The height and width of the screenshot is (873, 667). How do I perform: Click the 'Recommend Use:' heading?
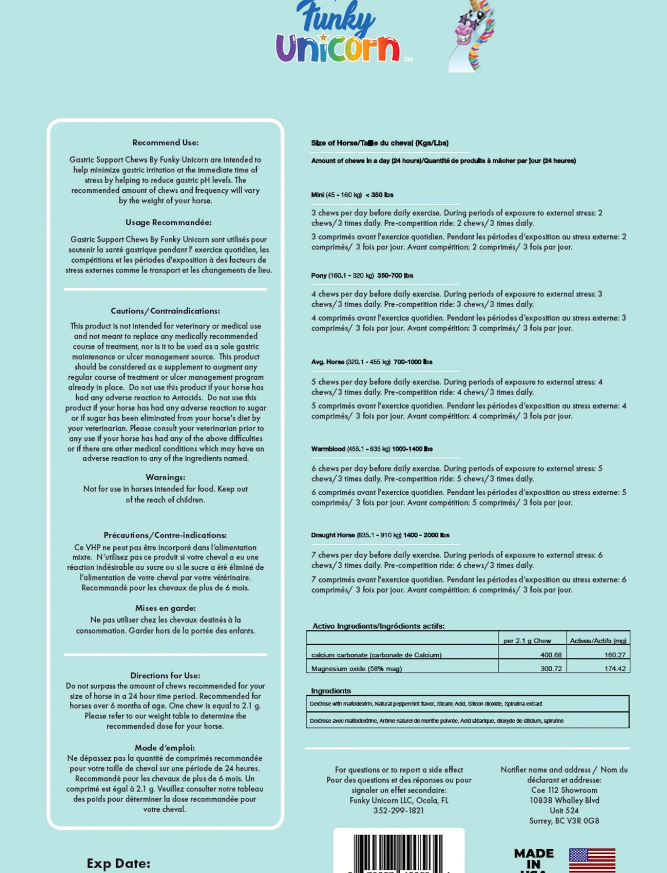pos(165,143)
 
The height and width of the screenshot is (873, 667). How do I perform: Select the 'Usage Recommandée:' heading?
pos(168,222)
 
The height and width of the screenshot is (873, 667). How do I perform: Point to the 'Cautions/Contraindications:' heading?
pos(165,311)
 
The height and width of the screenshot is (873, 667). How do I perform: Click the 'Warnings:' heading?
pos(165,477)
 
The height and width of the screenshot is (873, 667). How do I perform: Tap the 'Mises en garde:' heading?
pos(165,608)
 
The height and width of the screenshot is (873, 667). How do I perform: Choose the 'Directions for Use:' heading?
pos(165,675)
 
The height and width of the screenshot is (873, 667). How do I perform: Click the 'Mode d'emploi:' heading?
pos(164,748)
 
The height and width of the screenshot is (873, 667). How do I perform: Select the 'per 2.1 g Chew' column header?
pos(527,640)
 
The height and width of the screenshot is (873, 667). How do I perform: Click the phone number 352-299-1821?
pos(398,811)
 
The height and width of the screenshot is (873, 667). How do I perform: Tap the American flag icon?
pos(592,861)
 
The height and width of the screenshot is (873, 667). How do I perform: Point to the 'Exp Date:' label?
pos(118,863)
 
